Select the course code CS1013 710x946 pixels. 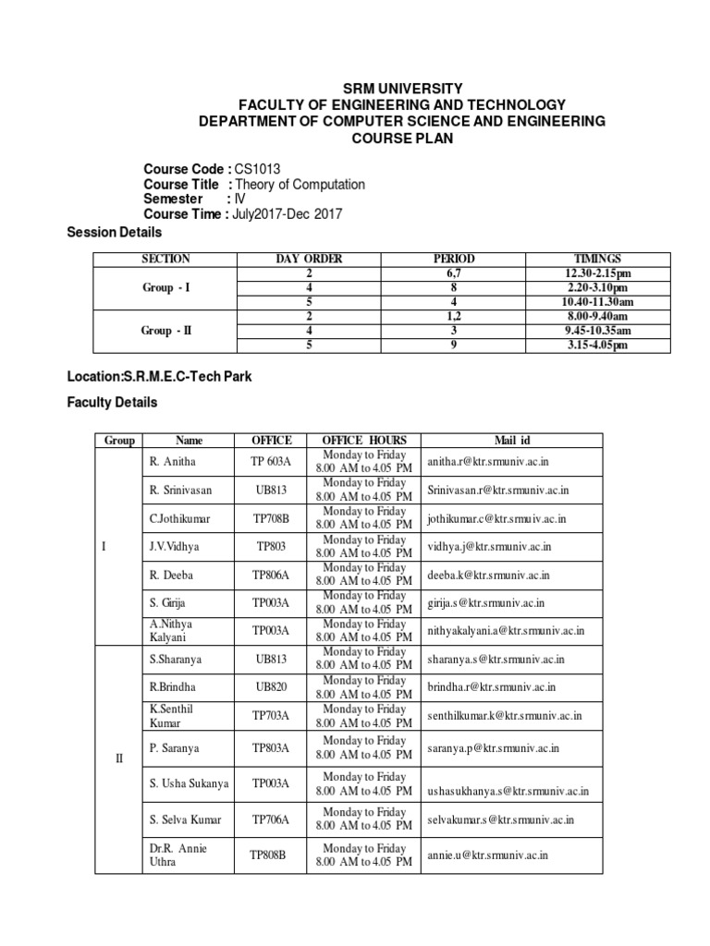click(x=256, y=169)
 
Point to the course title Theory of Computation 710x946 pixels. click(x=299, y=184)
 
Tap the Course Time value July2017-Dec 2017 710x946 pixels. click(x=287, y=213)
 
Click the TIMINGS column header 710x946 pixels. click(x=596, y=259)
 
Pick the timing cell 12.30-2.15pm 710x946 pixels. click(x=596, y=273)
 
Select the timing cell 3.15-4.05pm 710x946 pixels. click(x=596, y=346)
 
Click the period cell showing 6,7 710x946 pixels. click(x=453, y=273)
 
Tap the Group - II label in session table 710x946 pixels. click(x=166, y=331)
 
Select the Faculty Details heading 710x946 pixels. click(x=112, y=403)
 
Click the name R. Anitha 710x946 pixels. click(x=172, y=460)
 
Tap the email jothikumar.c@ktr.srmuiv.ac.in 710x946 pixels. click(x=496, y=519)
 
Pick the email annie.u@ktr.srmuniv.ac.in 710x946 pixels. click(x=487, y=855)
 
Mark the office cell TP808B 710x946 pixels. click(x=268, y=855)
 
